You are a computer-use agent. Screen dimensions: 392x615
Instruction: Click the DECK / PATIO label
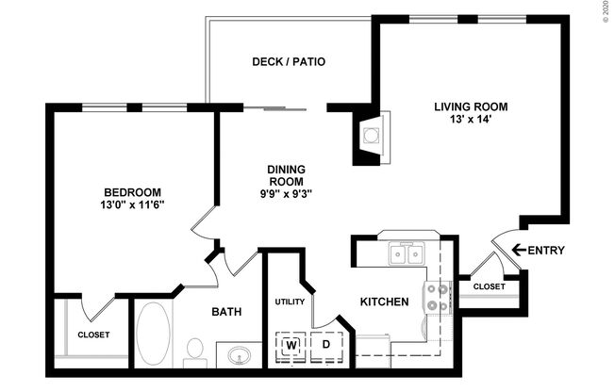288,62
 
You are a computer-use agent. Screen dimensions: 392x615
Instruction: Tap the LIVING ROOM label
471,106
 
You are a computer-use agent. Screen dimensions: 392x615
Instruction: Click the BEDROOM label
132,191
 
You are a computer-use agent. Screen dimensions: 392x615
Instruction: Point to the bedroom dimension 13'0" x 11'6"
132,204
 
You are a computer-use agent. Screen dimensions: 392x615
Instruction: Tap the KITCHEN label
384,302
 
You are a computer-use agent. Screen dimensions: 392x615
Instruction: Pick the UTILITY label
290,302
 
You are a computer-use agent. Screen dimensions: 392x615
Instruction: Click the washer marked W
291,345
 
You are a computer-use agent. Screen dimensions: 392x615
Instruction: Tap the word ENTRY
546,250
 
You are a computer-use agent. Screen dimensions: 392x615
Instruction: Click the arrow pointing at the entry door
517,250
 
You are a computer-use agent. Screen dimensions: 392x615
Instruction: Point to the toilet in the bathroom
195,351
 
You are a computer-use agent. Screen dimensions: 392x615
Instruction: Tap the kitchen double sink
407,253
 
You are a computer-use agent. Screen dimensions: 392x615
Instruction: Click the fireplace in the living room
371,135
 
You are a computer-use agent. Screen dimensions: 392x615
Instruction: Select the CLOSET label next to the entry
489,286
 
